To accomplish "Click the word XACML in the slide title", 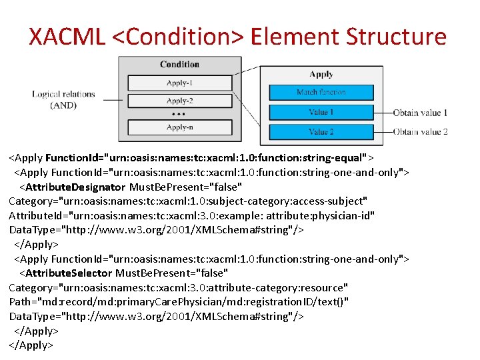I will tap(67, 36).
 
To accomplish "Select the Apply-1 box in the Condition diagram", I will tap(179, 83).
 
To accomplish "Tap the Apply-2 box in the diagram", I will tap(179, 101).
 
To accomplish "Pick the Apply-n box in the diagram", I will tap(179, 127).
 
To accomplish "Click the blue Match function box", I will tap(321, 92).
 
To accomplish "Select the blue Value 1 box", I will tap(321, 112).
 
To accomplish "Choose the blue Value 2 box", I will tap(321, 132).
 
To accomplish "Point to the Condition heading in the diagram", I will tap(179, 65).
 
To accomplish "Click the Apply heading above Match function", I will tap(321, 75).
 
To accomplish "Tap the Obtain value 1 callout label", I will tap(420, 113).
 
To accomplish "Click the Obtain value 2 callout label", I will tap(420, 132).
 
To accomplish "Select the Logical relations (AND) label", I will tap(63, 100).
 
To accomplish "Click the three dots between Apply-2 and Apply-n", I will tap(179, 114).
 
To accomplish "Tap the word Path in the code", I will tap(20, 302).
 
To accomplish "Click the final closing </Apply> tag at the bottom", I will tap(30, 345).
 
